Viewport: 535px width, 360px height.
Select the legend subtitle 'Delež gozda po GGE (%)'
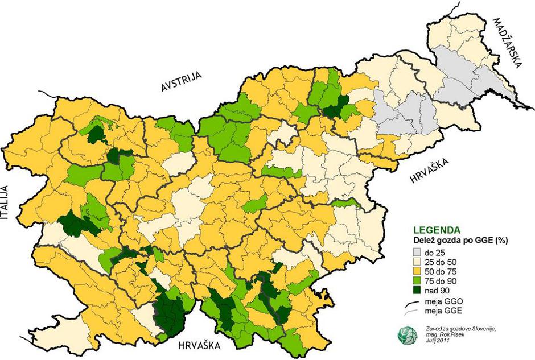(460, 241)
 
